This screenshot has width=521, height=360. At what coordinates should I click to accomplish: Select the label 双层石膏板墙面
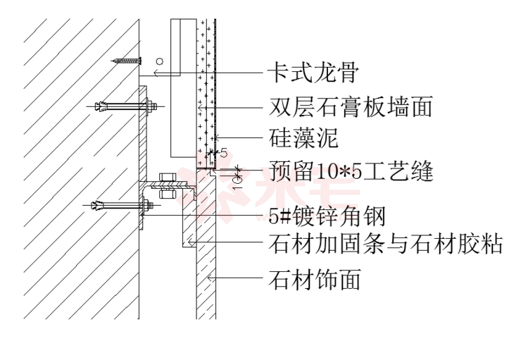tap(350, 106)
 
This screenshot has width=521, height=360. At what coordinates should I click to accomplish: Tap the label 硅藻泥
tap(303, 137)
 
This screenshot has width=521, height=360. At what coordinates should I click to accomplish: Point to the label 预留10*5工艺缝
tap(351, 171)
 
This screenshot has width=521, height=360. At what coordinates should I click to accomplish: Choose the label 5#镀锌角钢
tap(327, 216)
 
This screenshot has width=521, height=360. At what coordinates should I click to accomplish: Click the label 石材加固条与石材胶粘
tap(385, 244)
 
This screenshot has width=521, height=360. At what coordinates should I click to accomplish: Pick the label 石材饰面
tap(315, 278)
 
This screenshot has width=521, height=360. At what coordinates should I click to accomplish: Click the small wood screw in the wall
tap(127, 61)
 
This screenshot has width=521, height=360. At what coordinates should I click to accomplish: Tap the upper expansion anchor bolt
tap(126, 106)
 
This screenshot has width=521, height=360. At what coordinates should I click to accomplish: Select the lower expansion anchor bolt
tap(123, 205)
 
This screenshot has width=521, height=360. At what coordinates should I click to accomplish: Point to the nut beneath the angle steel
tap(168, 194)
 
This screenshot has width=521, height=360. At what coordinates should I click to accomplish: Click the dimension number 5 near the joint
tap(224, 154)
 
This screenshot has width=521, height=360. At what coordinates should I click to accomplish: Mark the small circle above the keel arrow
tap(160, 61)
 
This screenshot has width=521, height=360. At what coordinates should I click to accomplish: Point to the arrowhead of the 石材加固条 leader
tap(192, 242)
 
